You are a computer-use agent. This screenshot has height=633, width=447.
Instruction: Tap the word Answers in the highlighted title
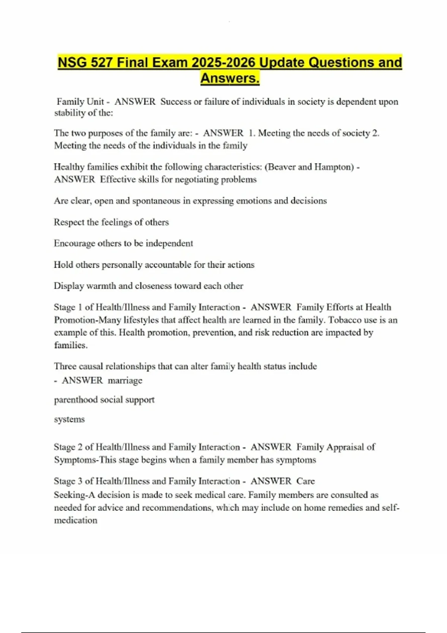click(229, 79)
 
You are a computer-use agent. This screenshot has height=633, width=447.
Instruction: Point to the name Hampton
click(334, 167)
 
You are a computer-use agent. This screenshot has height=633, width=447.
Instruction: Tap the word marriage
click(125, 381)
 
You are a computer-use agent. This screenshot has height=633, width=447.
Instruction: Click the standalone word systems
click(69, 419)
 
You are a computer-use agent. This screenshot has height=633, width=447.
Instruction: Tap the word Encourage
click(74, 244)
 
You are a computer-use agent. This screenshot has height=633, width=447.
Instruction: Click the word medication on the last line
click(76, 521)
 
